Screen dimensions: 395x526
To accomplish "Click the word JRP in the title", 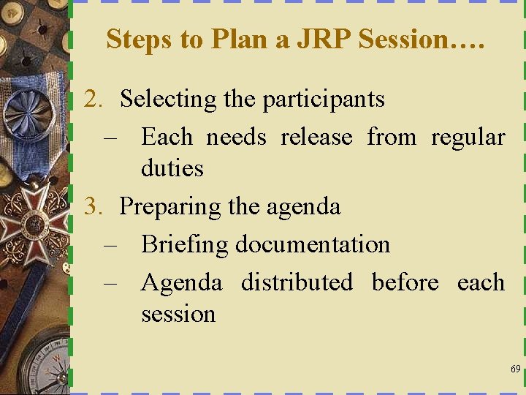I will [x=322, y=39].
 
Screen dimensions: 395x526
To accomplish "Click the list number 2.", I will [x=93, y=99].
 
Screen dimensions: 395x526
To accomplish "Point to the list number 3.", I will [x=93, y=206].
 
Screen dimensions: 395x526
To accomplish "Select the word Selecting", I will [x=169, y=99].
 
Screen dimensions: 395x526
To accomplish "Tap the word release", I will [x=316, y=137].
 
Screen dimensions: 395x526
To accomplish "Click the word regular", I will [x=468, y=138].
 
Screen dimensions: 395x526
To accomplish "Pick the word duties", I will [x=172, y=168].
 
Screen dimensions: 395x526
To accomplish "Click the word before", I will [x=405, y=282].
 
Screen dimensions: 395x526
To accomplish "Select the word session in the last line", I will [x=178, y=315].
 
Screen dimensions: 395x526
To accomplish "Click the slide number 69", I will [x=516, y=369].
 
